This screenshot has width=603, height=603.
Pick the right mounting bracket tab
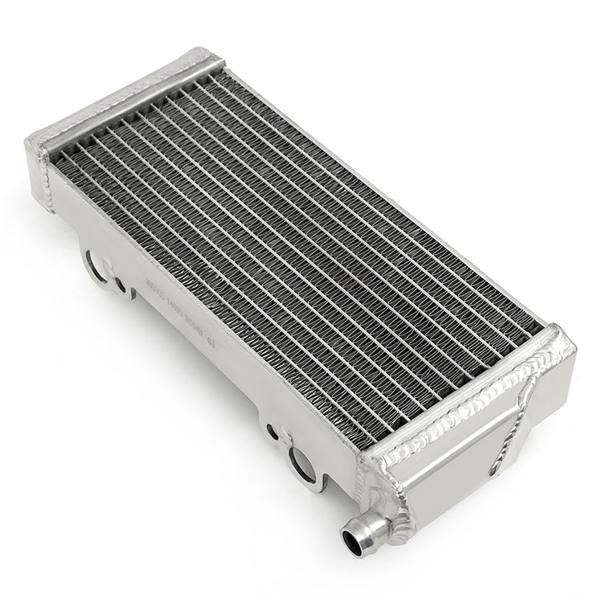click(x=301, y=458)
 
